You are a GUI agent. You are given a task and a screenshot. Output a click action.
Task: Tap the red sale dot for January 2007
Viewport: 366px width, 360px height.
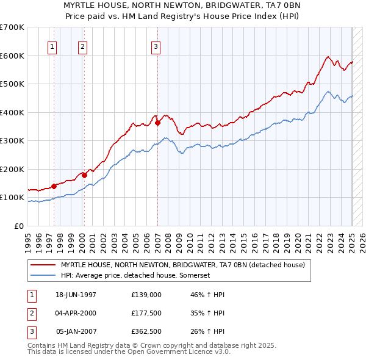[157, 123]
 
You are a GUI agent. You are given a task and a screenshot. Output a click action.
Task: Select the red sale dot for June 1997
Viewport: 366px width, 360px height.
[54, 186]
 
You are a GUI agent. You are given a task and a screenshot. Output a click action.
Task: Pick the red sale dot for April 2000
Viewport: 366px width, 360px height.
[84, 175]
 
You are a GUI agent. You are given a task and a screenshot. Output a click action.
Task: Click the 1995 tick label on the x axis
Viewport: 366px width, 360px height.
[27, 239]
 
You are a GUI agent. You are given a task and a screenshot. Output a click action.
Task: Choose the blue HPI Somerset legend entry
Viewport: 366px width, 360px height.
[135, 275]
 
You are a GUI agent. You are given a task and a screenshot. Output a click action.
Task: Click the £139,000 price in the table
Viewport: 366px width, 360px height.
[146, 295]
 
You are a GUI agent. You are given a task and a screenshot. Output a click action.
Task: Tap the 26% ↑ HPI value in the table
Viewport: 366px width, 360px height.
[207, 331]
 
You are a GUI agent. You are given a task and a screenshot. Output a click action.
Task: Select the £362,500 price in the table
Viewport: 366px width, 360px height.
[146, 331]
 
